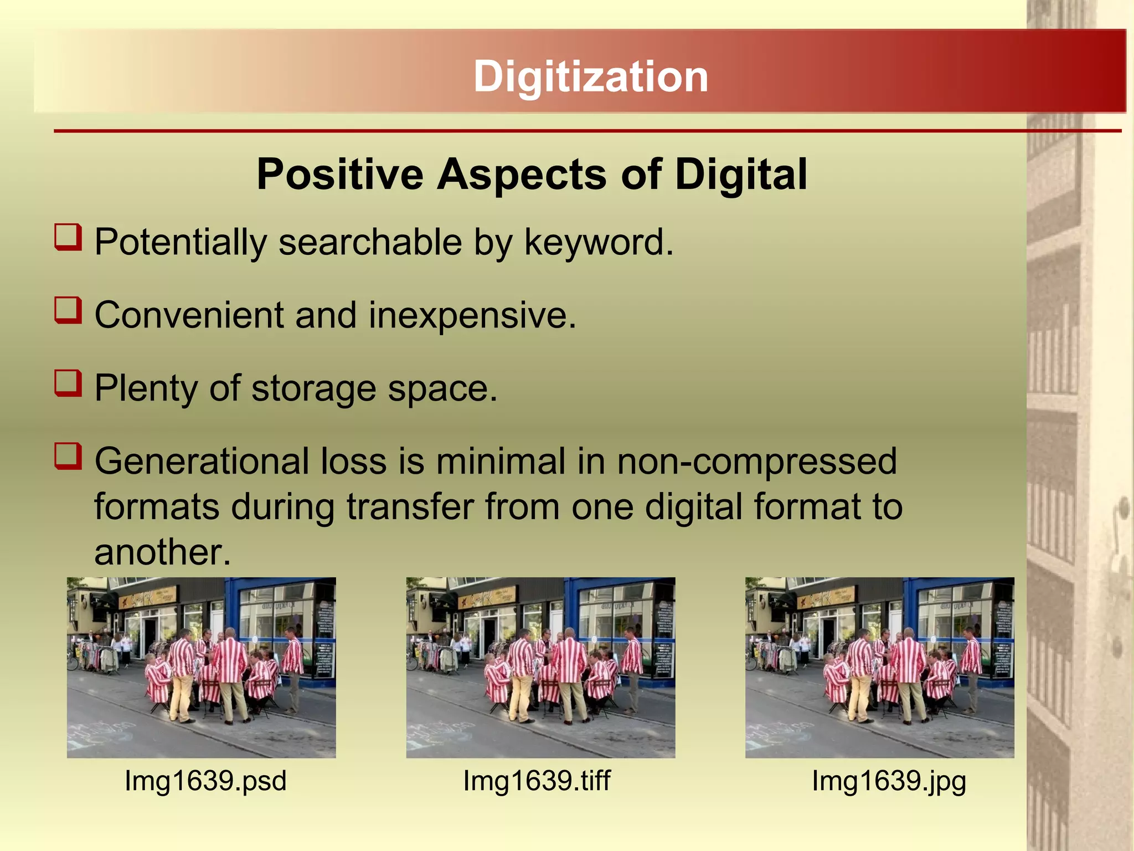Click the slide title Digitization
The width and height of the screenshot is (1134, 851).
590,76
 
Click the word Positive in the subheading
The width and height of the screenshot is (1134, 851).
340,175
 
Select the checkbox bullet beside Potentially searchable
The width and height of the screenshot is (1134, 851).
68,237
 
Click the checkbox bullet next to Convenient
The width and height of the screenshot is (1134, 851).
68,310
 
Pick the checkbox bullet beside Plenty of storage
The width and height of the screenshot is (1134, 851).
68,383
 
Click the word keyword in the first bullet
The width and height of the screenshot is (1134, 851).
599,243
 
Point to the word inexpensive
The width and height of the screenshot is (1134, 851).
472,315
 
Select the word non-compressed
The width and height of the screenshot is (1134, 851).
756,461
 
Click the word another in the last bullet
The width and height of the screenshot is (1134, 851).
162,552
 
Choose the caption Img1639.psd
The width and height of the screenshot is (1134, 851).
205,781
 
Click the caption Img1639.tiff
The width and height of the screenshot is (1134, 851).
537,781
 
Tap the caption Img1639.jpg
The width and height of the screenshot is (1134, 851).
889,781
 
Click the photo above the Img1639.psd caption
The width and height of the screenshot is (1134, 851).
201,668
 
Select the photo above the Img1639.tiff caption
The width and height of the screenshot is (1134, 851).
540,668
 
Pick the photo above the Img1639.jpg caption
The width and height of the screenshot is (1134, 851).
879,668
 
